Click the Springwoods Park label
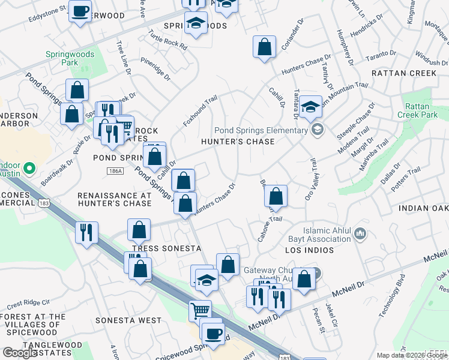(70, 58)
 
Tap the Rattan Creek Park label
(423, 110)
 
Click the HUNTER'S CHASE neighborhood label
(237, 142)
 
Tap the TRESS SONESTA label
(166, 248)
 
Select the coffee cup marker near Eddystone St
(80, 11)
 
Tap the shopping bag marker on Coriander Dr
(264, 47)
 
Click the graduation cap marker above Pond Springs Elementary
(310, 107)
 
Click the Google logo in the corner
(20, 353)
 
